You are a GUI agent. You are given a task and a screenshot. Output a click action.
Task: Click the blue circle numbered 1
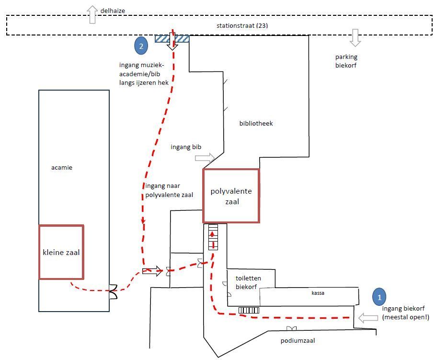click(379, 297)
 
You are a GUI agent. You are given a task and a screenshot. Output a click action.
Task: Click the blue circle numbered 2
click(141, 46)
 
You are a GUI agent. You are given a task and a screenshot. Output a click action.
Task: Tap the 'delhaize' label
click(113, 11)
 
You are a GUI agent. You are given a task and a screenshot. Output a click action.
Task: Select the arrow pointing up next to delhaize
click(92, 15)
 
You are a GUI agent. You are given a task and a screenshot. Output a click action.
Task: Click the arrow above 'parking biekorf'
click(355, 37)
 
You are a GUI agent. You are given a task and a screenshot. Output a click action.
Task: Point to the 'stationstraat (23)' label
click(242, 25)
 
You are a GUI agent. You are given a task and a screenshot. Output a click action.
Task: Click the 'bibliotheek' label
click(256, 123)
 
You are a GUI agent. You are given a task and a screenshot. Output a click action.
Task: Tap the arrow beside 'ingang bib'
click(205, 158)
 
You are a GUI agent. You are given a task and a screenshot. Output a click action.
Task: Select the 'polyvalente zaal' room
click(231, 196)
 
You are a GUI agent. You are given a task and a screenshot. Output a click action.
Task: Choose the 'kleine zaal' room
click(61, 252)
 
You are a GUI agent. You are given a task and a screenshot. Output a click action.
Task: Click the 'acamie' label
click(62, 168)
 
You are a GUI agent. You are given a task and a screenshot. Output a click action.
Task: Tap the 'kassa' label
click(318, 293)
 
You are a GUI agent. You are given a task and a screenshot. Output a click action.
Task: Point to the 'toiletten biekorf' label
click(248, 282)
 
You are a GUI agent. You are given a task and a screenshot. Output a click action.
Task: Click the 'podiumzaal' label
click(298, 340)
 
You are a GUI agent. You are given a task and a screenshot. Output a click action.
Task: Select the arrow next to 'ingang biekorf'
click(368, 318)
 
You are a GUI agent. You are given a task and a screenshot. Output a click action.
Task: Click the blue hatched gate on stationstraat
click(172, 38)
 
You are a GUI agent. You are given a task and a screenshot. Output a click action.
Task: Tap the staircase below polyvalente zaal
click(213, 237)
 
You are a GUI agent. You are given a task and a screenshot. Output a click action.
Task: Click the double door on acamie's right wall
click(113, 292)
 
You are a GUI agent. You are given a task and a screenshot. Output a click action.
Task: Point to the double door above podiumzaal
click(291, 329)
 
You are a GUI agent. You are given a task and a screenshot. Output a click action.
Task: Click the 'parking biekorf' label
click(346, 61)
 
